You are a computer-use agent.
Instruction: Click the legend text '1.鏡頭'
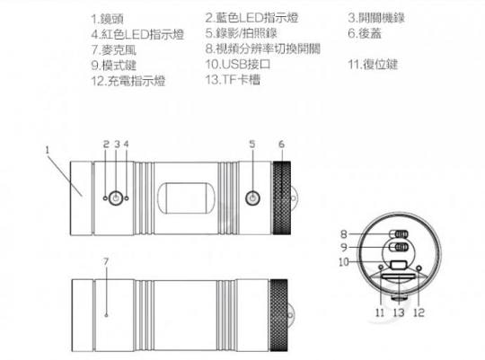click(x=108, y=19)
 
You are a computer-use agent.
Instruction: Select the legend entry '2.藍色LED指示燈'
click(x=251, y=18)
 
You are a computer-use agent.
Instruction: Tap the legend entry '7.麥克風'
click(x=113, y=49)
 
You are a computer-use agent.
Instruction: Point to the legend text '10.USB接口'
click(x=238, y=64)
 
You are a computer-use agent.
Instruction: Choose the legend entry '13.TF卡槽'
click(x=233, y=80)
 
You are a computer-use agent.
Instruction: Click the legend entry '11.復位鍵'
click(x=373, y=65)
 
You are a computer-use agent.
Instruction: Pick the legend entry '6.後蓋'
click(x=365, y=33)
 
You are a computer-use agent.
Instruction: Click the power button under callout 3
click(x=116, y=198)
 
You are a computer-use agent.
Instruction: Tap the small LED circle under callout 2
click(x=105, y=198)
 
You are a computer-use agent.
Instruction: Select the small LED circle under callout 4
click(x=127, y=198)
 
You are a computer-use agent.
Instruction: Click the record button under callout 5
click(x=252, y=198)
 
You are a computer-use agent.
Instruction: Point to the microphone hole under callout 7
click(x=106, y=315)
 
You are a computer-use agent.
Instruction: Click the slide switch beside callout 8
click(x=399, y=234)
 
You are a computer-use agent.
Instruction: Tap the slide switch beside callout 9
click(x=399, y=247)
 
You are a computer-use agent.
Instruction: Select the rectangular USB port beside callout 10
click(x=399, y=265)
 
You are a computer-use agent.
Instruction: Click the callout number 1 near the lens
click(x=48, y=150)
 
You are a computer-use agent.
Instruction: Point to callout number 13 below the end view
click(x=399, y=312)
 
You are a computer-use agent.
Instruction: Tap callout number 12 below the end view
click(x=419, y=312)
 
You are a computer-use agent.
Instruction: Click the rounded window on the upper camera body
click(x=186, y=198)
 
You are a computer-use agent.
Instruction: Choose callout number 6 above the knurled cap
click(x=281, y=145)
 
